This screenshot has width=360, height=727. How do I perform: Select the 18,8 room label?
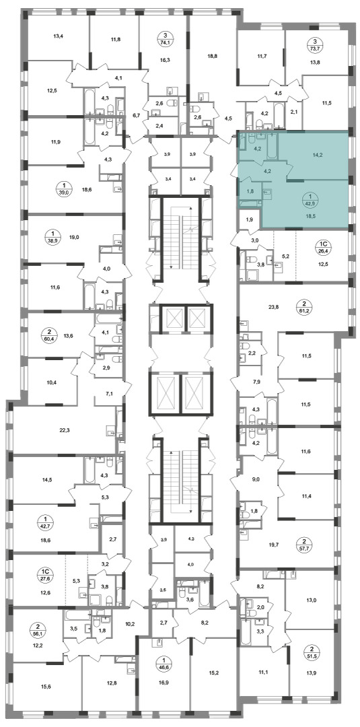[x=211, y=55]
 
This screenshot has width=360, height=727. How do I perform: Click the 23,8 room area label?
[x=273, y=306]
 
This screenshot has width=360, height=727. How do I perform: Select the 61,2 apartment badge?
[x=308, y=308]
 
